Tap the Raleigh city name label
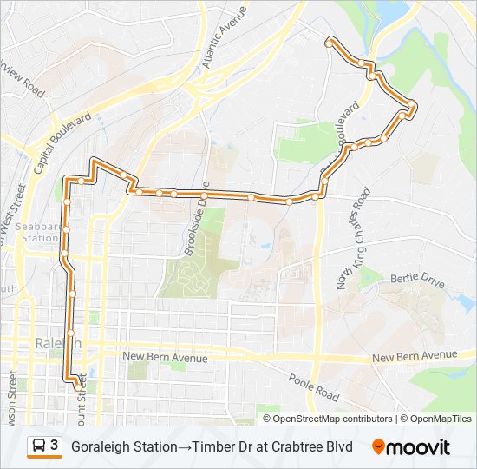58,344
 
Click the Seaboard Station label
38,232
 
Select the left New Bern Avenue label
165,357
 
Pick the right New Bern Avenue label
414,356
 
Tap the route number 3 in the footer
54,446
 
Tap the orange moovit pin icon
378,446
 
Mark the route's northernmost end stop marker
329,41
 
